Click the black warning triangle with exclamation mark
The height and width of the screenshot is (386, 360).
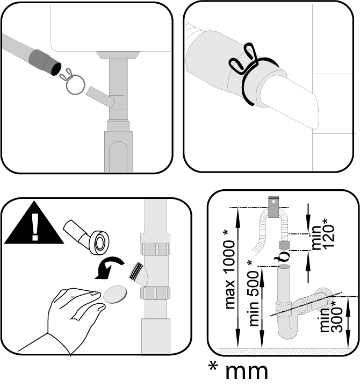tap(34, 225)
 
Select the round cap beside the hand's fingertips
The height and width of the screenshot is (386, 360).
tap(115, 295)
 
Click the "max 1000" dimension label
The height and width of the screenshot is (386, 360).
tap(229, 269)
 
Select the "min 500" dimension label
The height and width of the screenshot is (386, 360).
tap(254, 294)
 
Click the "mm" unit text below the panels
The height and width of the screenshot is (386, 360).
tap(246, 371)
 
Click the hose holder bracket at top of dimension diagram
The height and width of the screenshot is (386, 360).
tap(273, 207)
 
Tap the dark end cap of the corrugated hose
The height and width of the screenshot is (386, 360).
tap(284, 246)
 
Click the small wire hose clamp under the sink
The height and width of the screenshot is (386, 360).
tap(74, 82)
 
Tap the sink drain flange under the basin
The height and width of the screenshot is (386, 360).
tap(118, 55)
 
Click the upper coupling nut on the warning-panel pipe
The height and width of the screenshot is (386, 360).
tap(155, 248)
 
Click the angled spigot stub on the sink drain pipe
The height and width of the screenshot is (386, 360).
tap(100, 97)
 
